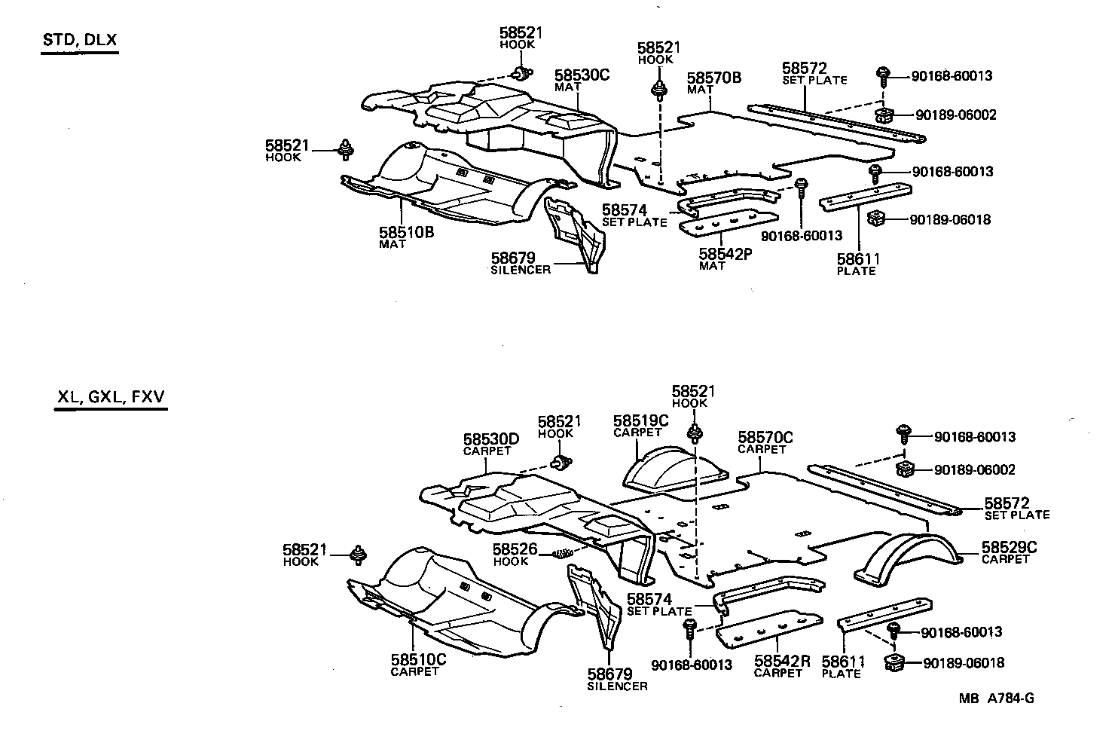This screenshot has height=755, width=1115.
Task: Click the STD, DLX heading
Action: [x=79, y=40]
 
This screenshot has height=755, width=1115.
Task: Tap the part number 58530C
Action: [x=582, y=75]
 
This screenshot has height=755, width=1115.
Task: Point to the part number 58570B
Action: [x=714, y=78]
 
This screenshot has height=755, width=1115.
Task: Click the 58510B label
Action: [x=407, y=232]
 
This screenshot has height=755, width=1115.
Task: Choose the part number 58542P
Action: [x=726, y=254]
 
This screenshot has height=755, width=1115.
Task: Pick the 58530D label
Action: [x=490, y=439]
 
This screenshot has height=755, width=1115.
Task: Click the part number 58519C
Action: [x=640, y=420]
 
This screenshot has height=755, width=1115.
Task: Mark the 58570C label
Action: [x=765, y=437]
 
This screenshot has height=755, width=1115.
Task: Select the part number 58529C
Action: [x=1009, y=547]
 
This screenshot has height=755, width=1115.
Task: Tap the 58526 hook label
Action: [x=515, y=549]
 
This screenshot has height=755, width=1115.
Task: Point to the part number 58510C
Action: [x=418, y=659]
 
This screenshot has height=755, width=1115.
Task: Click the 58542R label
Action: [x=782, y=661]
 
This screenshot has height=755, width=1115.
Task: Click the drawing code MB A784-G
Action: [x=996, y=698]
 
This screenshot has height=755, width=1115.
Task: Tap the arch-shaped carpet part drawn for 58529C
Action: [x=908, y=558]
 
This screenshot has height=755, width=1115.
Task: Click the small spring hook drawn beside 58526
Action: [x=563, y=554]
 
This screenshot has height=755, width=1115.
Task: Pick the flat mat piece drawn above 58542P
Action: [x=727, y=223]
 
